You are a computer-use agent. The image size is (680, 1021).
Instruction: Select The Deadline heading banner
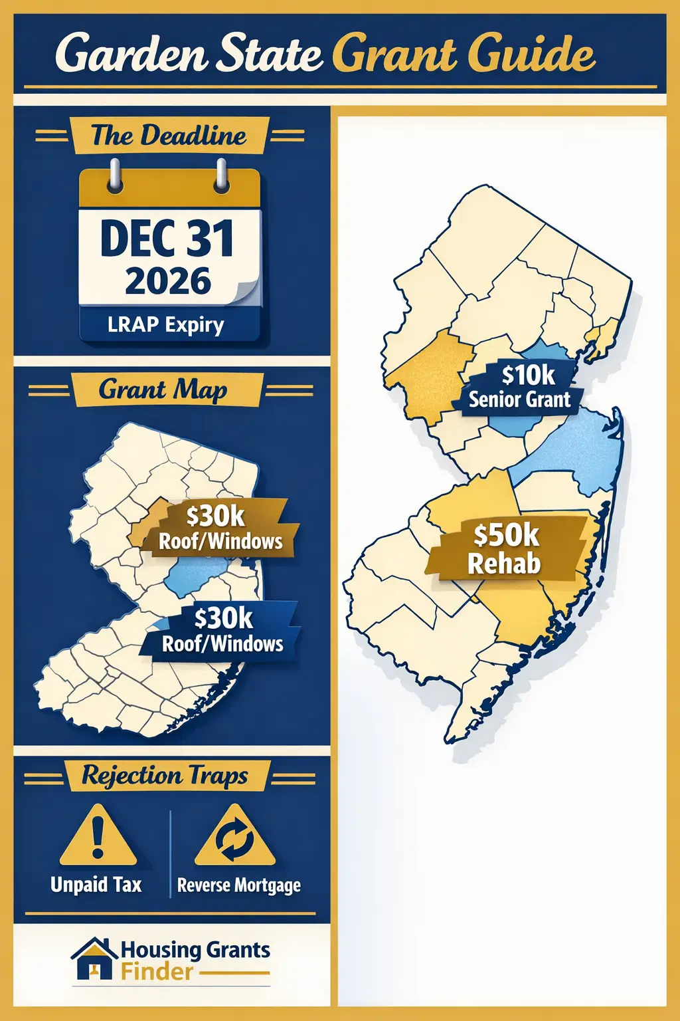tap(169, 136)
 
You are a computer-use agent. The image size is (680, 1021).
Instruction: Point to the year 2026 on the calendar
tap(168, 281)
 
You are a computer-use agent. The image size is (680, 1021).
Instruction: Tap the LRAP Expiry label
tap(166, 325)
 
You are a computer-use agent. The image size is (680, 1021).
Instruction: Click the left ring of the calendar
tap(116, 175)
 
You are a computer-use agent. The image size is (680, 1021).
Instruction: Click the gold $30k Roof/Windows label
tap(219, 528)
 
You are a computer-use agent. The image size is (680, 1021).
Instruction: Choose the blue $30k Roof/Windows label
tap(223, 631)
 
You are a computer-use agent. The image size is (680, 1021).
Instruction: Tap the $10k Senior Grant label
tap(521, 387)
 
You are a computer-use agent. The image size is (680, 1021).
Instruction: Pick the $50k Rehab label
tap(506, 549)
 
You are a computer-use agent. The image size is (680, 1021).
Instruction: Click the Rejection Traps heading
tap(165, 776)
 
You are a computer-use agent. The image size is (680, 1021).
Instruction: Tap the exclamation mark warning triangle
tap(98, 836)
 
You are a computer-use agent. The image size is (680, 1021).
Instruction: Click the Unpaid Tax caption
tap(96, 885)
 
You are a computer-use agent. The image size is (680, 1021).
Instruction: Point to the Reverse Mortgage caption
tap(239, 885)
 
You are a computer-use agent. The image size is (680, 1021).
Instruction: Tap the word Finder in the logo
tap(157, 972)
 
